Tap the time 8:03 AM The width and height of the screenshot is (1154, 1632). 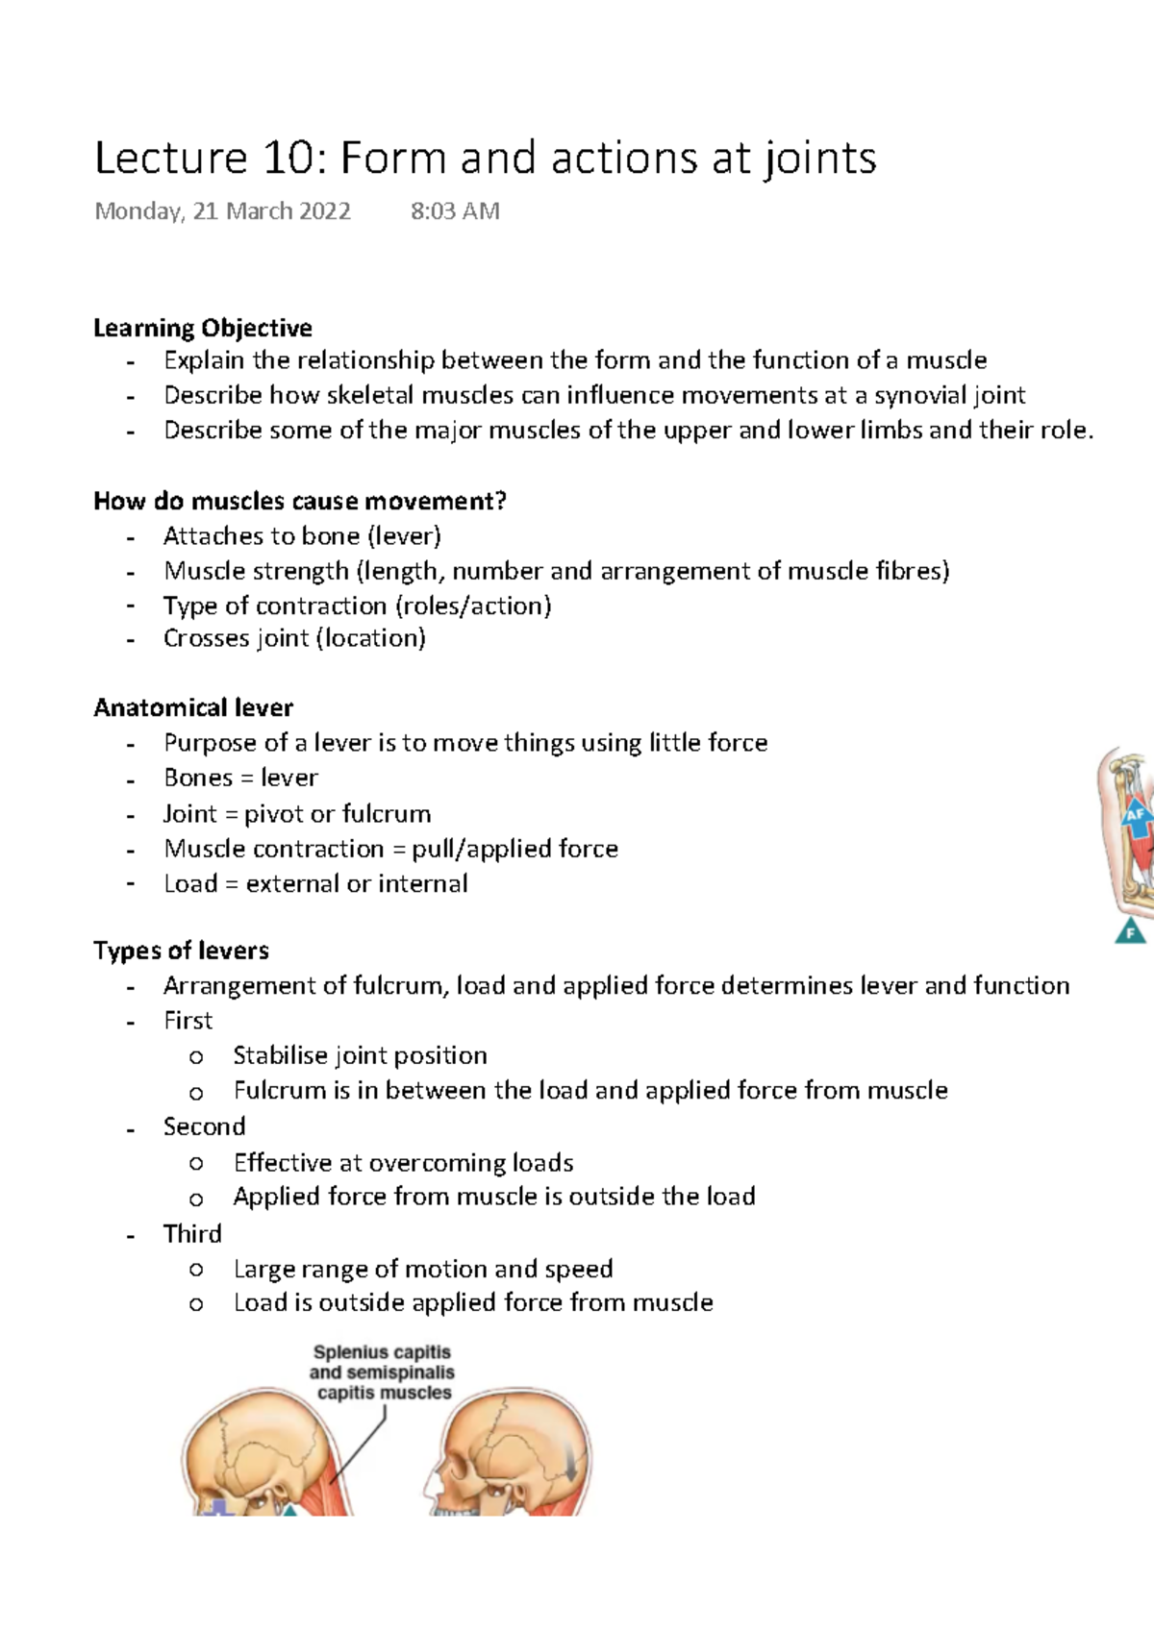click(455, 211)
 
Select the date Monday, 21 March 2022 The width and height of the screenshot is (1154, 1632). click(222, 211)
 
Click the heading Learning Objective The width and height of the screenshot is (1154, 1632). click(203, 329)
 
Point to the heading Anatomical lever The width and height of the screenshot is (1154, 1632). click(193, 708)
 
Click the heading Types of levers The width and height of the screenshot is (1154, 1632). click(181, 951)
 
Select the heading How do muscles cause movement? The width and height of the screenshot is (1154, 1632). click(300, 502)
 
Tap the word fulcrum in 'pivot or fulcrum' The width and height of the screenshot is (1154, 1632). click(385, 814)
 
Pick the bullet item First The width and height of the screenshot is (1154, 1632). click(188, 1021)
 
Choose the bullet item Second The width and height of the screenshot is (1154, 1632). click(204, 1126)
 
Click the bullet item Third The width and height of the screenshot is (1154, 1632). click(192, 1234)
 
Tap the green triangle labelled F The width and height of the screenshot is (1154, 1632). click(1131, 930)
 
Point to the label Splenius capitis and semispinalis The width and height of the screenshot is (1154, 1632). click(383, 1372)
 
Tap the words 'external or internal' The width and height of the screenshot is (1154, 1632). click(357, 884)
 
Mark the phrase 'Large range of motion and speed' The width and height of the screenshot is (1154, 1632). click(423, 1270)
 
